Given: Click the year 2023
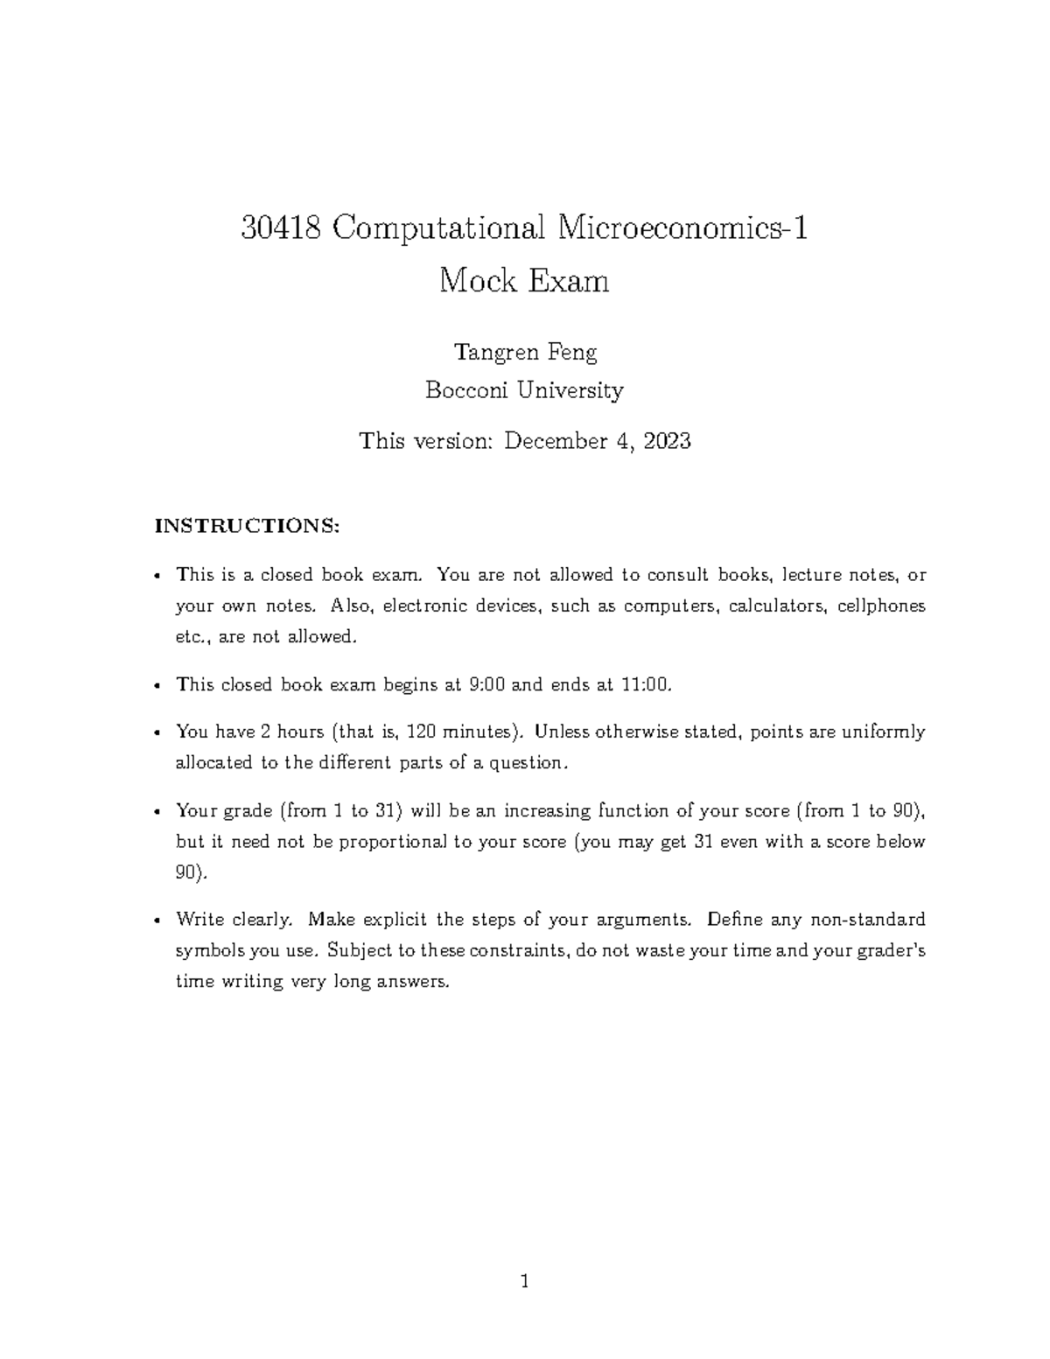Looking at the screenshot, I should pos(667,441).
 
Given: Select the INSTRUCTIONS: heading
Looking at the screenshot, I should pos(246,526).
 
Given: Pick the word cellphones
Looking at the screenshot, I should pos(881,606).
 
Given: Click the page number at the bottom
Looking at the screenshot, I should pos(525,1283).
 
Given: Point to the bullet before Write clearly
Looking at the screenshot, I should pos(156,921).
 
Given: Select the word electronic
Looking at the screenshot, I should pos(426,606).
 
